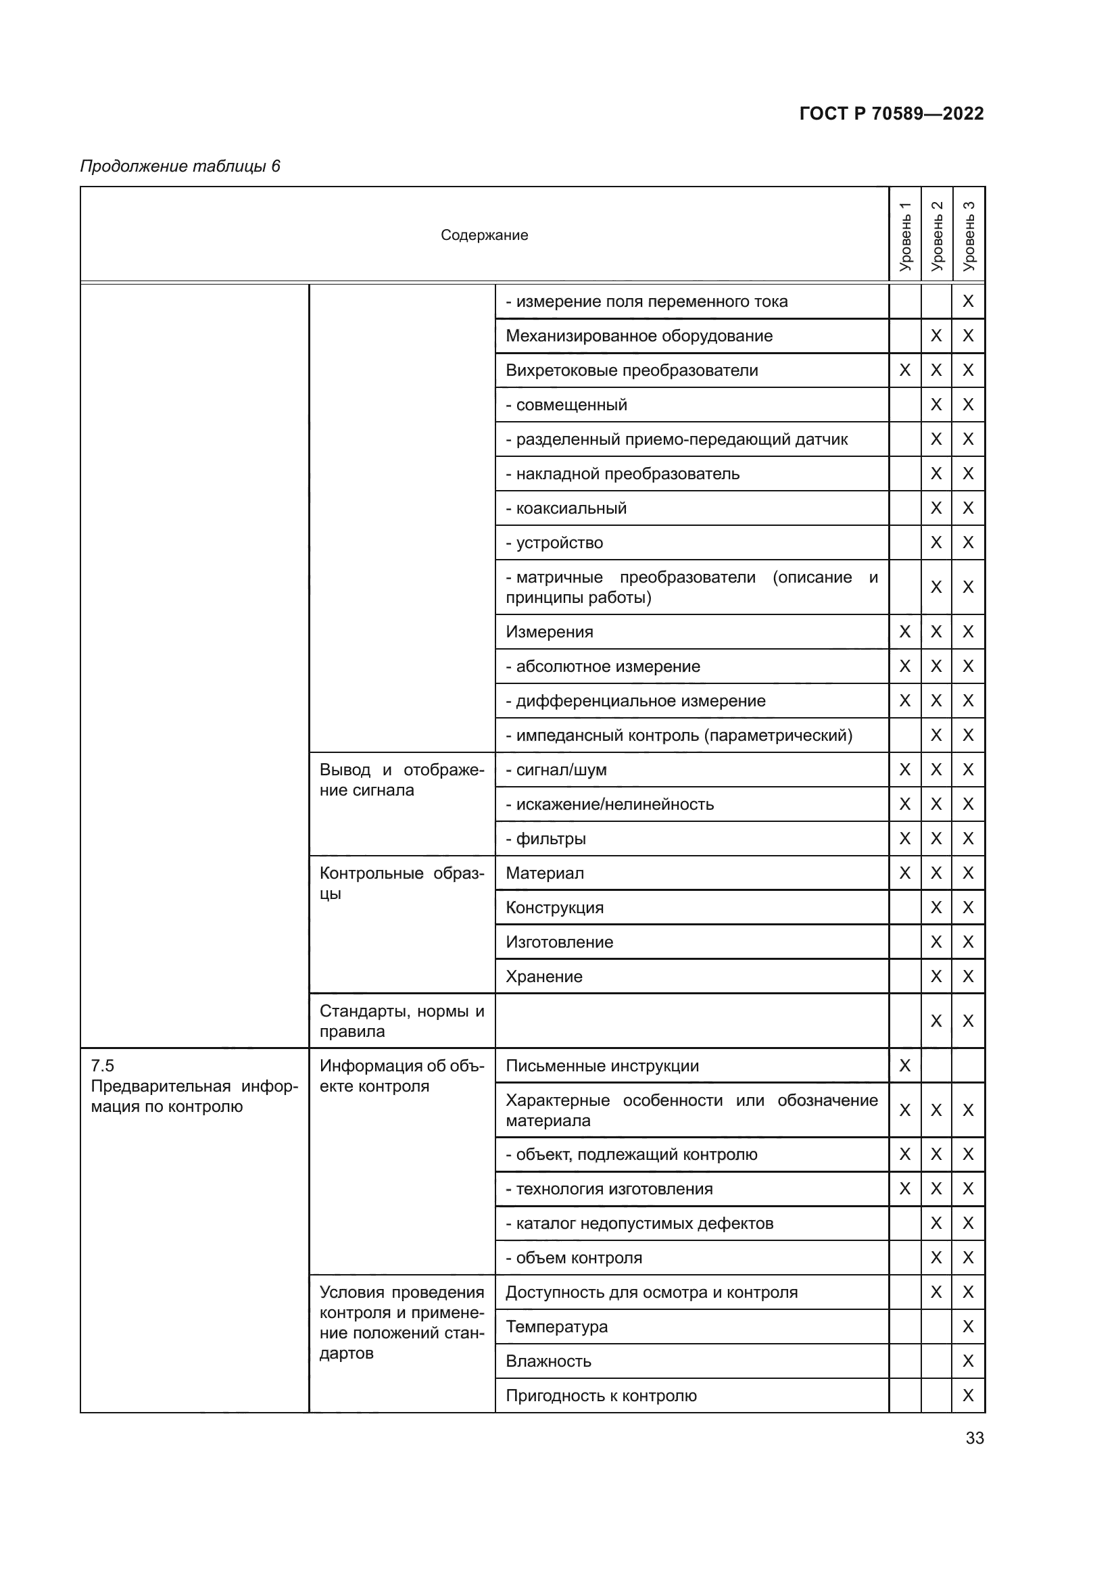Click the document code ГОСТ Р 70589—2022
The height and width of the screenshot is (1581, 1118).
point(891,114)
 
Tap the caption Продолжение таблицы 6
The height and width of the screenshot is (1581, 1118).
point(180,166)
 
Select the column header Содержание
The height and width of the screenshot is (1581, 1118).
point(484,235)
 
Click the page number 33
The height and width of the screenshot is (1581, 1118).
point(974,1438)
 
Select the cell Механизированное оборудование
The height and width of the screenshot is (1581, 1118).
point(639,336)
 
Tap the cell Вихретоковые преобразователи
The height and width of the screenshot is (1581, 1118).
point(631,370)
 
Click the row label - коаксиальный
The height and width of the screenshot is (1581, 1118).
point(566,508)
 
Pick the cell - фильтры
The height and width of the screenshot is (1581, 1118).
point(546,839)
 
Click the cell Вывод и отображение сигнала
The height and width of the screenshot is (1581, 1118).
point(402,779)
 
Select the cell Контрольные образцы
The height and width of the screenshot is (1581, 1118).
point(402,883)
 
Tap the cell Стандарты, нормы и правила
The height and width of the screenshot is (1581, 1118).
point(402,1021)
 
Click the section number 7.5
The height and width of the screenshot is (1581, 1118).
point(103,1066)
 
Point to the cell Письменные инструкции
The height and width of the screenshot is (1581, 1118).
point(602,1066)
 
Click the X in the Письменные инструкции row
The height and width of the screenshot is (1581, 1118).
point(904,1066)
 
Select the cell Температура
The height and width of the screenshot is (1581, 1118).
point(556,1326)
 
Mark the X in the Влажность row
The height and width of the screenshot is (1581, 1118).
point(968,1361)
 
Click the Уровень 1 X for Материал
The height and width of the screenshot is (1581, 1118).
point(904,873)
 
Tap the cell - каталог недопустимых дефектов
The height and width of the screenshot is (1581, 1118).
point(639,1223)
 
